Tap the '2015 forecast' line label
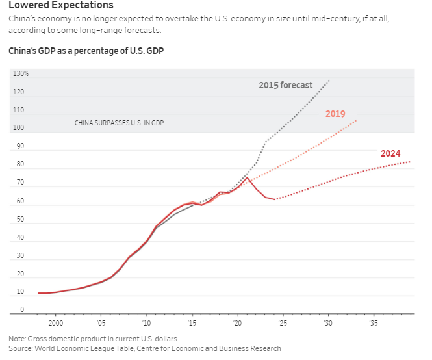pos(285,85)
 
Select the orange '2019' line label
pos(335,114)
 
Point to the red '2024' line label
pos(390,154)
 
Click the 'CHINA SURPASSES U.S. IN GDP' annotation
pos(119,122)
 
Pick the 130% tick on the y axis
pos(20,73)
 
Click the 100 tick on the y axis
pos(20,128)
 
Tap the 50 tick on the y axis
pos(20,219)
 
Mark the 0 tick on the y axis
pos(21,310)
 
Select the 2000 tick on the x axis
pos(55,322)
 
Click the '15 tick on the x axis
pos(192,322)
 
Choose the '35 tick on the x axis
pos(374,322)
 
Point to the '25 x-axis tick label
pos(283,322)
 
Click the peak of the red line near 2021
pos(247,177)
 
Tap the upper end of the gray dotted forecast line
pos(329,80)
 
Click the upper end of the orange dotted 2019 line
pos(356,120)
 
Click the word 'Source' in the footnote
pos(21,348)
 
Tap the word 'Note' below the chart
pos(17,339)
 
